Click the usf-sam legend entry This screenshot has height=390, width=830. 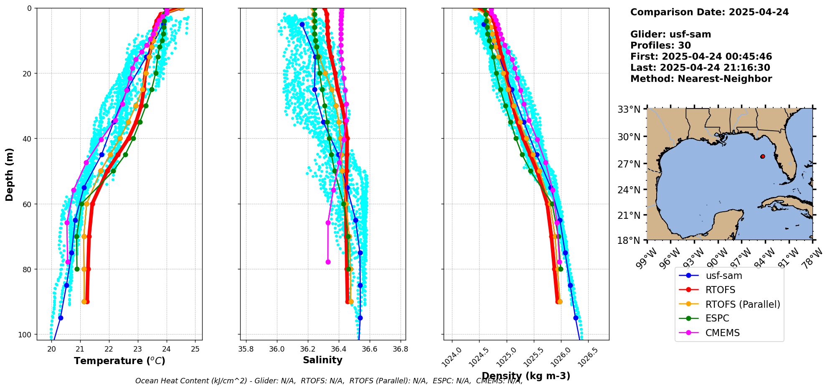pos(724,276)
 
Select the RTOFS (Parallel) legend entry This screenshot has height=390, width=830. pos(743,304)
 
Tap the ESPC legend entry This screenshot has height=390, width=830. pos(717,319)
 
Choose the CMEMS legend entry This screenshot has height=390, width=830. pos(722,333)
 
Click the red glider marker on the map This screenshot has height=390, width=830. pos(762,157)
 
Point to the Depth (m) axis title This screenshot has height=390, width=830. pos(10,174)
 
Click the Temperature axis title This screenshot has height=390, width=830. pos(119,361)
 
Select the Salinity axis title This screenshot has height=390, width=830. pos(322,360)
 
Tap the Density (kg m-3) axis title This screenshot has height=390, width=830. pos(526,376)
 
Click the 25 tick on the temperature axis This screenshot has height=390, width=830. pos(195,349)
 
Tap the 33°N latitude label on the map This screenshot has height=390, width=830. pos(629,109)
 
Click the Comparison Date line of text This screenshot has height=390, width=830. pos(709,12)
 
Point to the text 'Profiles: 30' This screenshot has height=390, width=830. pos(660,46)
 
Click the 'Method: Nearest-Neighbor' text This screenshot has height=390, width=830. pos(701,79)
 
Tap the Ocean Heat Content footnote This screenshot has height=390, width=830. pos(329,381)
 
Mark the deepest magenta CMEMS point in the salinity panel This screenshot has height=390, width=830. pos(328,262)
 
